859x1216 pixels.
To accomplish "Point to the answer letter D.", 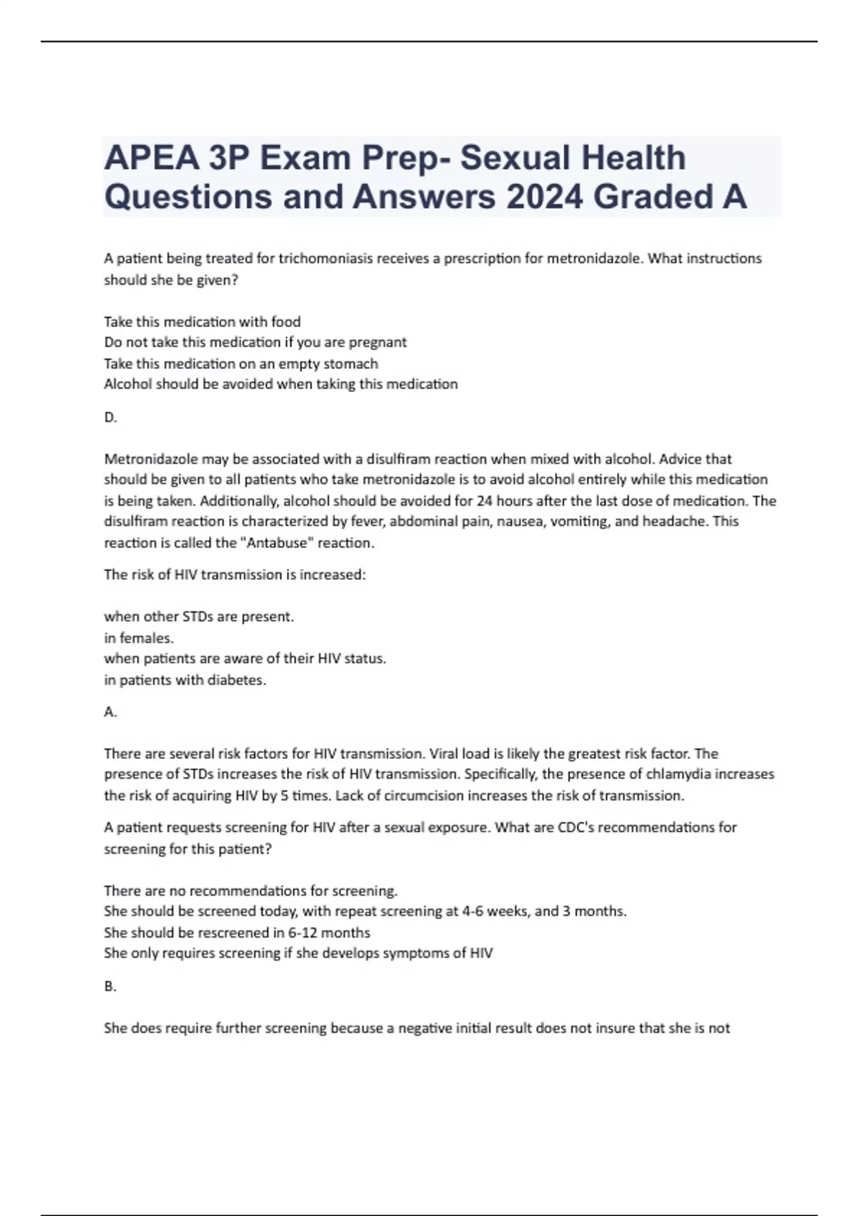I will [110, 417].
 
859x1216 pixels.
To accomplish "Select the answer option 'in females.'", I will [139, 637].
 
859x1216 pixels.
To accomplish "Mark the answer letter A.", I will [110, 712].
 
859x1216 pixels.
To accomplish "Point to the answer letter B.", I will [110, 986].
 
